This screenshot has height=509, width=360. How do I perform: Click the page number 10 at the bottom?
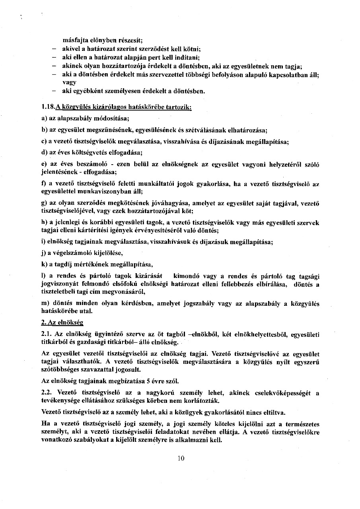tap(181, 458)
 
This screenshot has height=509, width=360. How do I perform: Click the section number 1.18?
tap(48, 107)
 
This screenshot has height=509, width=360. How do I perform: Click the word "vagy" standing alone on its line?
tap(69, 82)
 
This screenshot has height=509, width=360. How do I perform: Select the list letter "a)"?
tap(44, 119)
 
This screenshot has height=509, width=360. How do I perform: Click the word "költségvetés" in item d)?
tap(86, 152)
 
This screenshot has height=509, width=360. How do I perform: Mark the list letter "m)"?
tap(45, 303)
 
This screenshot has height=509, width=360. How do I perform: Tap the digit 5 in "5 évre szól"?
tap(147, 381)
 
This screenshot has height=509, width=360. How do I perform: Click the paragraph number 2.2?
tap(46, 392)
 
